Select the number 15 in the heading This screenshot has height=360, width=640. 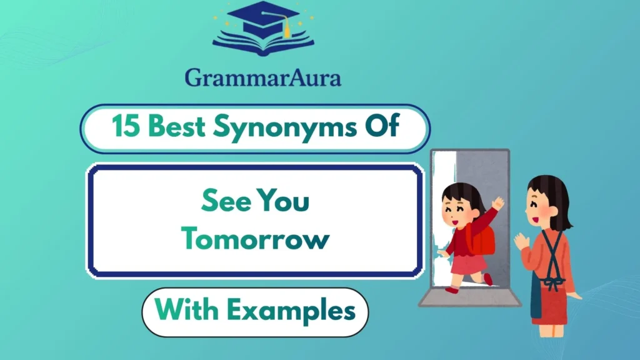pos(126,128)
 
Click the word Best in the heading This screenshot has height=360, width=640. pos(177,128)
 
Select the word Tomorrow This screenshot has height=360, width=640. pos(255,239)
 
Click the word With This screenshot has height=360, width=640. pos(186,311)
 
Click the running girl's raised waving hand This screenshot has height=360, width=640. pos(498,203)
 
